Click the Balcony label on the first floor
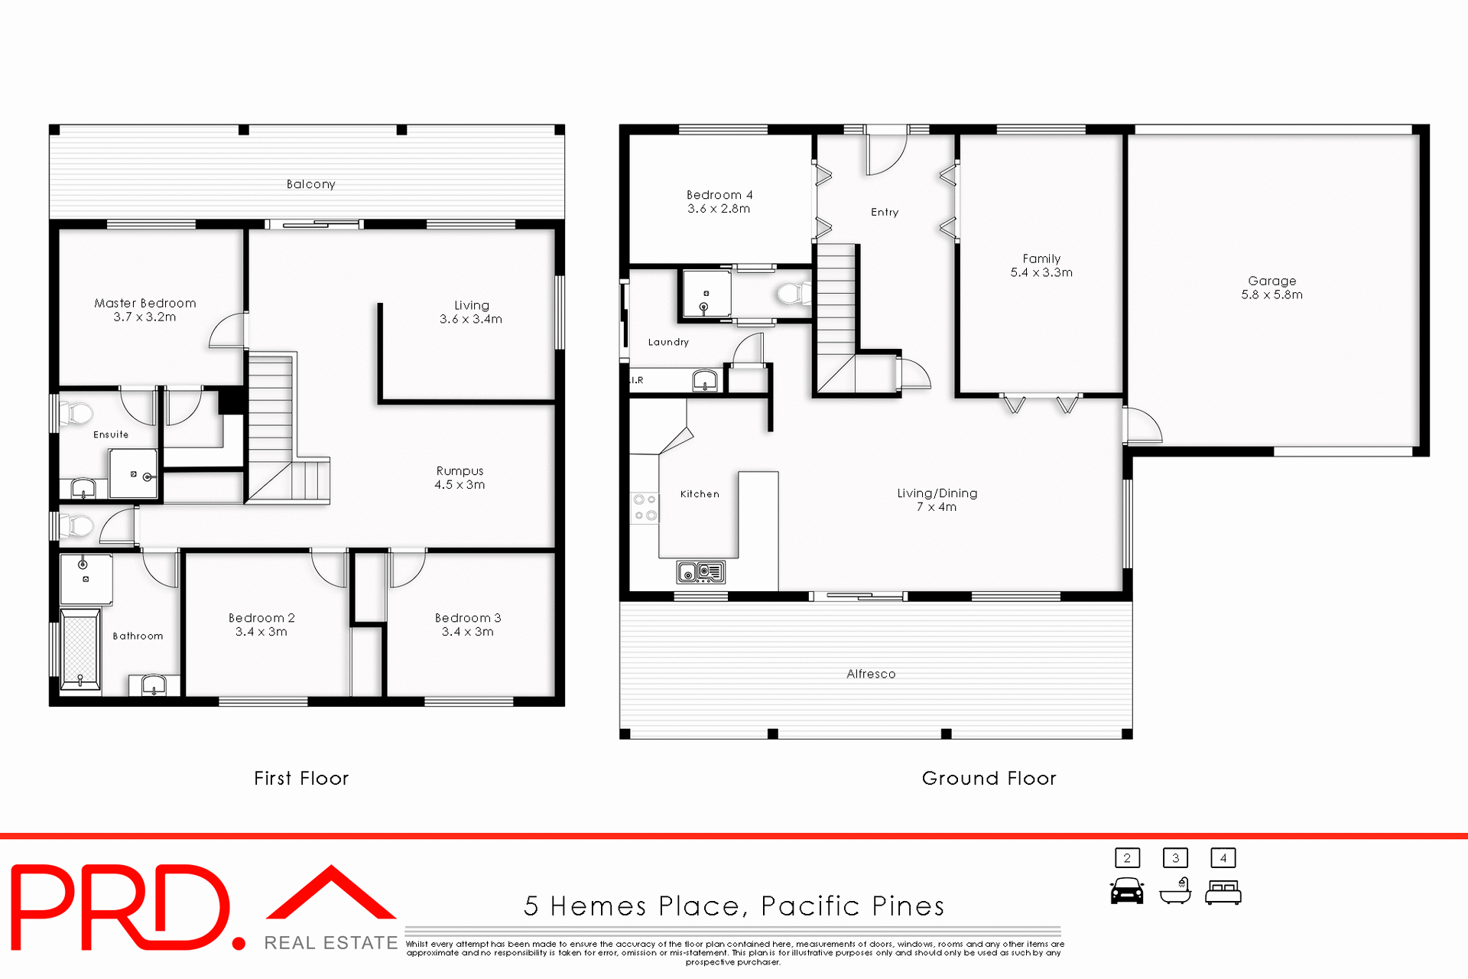(310, 184)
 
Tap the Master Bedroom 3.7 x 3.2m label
(145, 310)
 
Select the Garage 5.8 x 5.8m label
(1272, 288)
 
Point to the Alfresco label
(871, 674)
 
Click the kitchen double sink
(700, 571)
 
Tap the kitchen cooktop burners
(645, 507)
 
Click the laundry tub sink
(705, 380)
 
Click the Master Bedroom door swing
(228, 330)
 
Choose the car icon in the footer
(1127, 892)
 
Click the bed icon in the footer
(1223, 893)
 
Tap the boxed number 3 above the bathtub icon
(1175, 858)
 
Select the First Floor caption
(301, 779)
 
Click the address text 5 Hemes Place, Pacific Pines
(734, 906)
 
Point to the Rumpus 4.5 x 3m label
(460, 477)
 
